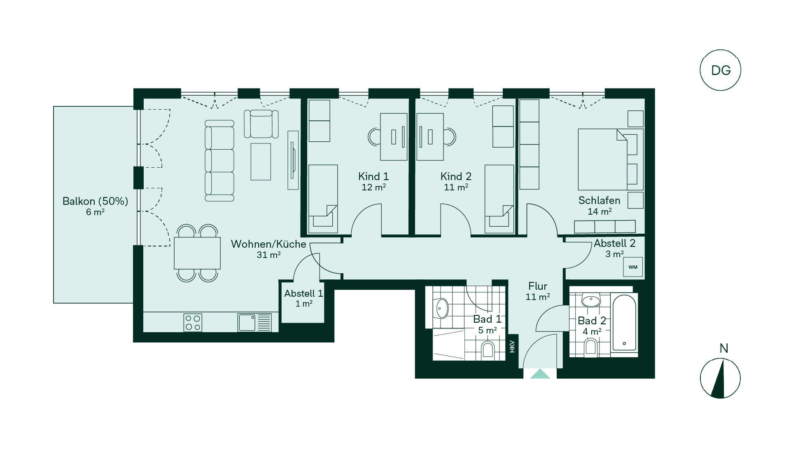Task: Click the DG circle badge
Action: coord(720,70)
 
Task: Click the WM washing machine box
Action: coord(633,267)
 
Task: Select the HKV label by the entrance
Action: coord(512,347)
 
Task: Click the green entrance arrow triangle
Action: coord(540,374)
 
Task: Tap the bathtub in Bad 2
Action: coord(624,323)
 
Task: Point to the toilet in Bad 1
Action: coord(488,350)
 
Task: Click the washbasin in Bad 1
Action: coord(441,308)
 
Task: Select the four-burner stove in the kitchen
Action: coord(193,322)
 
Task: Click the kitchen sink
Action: coord(254,322)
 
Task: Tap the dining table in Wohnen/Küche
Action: coord(197,253)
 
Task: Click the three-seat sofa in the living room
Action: coord(219,161)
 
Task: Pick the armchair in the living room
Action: coord(261,124)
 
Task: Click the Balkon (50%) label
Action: coord(95,201)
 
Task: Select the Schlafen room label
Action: coord(599,200)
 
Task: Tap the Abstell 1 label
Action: coord(303,293)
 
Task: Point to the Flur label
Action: coord(538,286)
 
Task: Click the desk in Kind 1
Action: coord(394,137)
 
